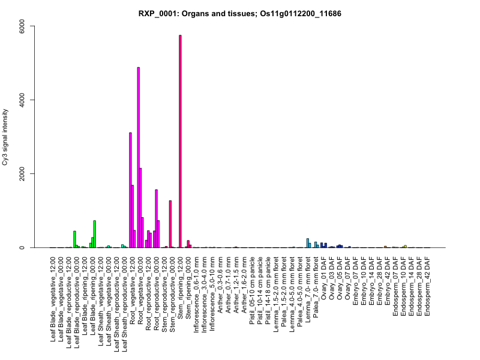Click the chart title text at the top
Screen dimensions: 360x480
[240, 13]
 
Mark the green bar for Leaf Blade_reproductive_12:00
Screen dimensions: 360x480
[74, 239]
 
